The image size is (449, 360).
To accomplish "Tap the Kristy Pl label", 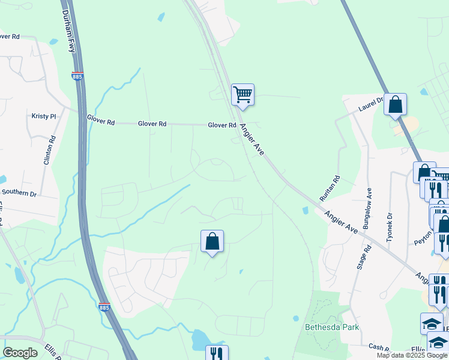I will click(x=43, y=115).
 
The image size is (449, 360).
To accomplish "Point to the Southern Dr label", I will click(x=19, y=193).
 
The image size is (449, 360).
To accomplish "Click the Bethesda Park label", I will click(x=327, y=327).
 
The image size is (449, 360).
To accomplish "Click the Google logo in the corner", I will click(x=20, y=352).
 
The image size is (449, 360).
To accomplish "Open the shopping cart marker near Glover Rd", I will click(x=243, y=94).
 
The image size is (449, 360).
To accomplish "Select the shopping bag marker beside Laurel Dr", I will click(x=395, y=104).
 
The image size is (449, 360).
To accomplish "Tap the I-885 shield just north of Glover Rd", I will click(x=77, y=77).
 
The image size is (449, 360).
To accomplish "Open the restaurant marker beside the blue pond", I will click(x=217, y=354).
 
